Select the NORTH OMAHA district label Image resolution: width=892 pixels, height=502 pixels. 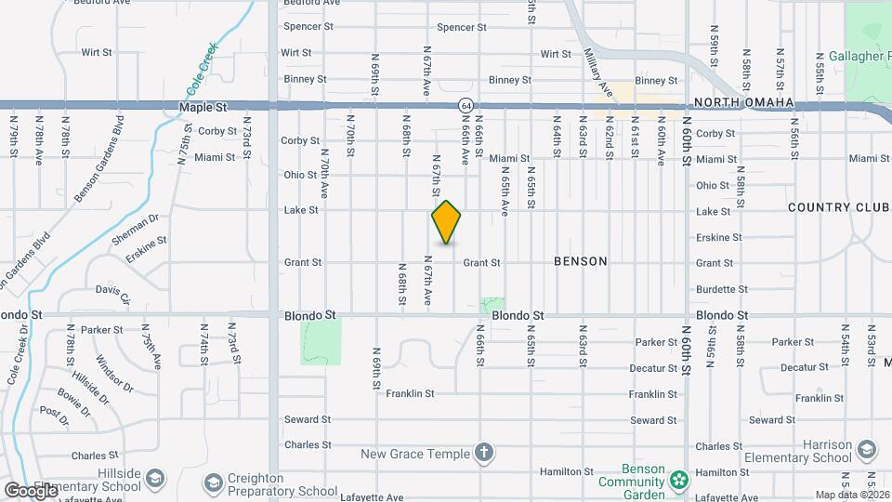click(x=744, y=102)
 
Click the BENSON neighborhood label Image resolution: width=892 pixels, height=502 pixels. click(x=580, y=261)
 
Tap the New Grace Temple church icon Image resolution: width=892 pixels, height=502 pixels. click(x=483, y=454)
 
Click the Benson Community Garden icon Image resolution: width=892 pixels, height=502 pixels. click(x=680, y=481)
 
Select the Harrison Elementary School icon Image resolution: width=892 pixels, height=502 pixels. click(x=866, y=450)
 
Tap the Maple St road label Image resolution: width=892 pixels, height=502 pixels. click(x=203, y=109)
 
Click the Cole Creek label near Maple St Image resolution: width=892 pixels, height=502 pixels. click(x=203, y=70)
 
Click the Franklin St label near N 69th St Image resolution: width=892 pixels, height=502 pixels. click(x=411, y=394)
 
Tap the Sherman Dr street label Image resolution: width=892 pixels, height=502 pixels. click(x=136, y=227)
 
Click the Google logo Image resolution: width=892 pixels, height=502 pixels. click(x=30, y=490)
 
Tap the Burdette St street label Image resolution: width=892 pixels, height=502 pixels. click(x=715, y=289)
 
